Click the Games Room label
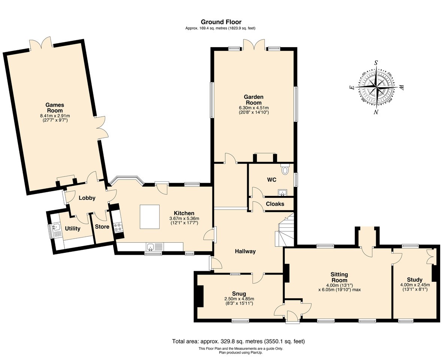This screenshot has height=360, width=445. [x=55, y=108]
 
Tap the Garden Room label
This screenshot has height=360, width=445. [x=254, y=100]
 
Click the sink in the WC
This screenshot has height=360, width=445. [x=282, y=193]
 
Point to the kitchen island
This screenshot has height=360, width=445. [x=150, y=217]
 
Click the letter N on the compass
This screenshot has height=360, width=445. [x=376, y=112]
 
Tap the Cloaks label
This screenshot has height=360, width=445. [x=275, y=204]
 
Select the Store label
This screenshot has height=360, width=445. [x=102, y=227]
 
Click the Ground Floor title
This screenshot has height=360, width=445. [x=221, y=22]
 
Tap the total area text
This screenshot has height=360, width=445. [x=238, y=341]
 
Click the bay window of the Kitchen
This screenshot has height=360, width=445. [x=127, y=181]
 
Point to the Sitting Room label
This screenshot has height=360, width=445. [x=339, y=277]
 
